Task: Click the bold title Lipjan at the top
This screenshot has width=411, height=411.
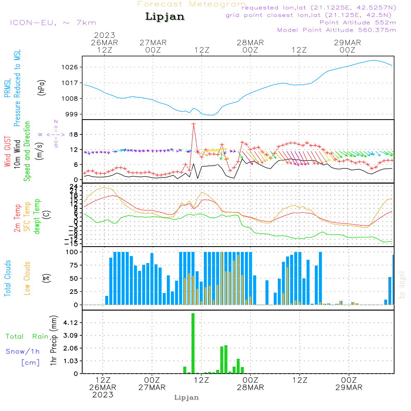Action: point(165,17)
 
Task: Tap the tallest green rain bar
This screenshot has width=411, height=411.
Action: point(193,343)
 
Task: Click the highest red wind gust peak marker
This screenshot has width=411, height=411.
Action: point(193,124)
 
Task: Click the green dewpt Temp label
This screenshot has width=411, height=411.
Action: point(37,217)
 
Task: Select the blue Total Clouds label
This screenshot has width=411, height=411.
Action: point(7,278)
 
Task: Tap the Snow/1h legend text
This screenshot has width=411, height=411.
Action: point(23,351)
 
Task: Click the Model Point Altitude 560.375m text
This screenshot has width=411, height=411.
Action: point(337,30)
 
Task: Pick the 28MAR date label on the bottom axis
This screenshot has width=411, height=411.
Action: point(251,388)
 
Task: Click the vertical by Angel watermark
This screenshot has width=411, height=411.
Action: point(402,285)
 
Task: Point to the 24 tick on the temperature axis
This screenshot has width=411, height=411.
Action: point(74,186)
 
